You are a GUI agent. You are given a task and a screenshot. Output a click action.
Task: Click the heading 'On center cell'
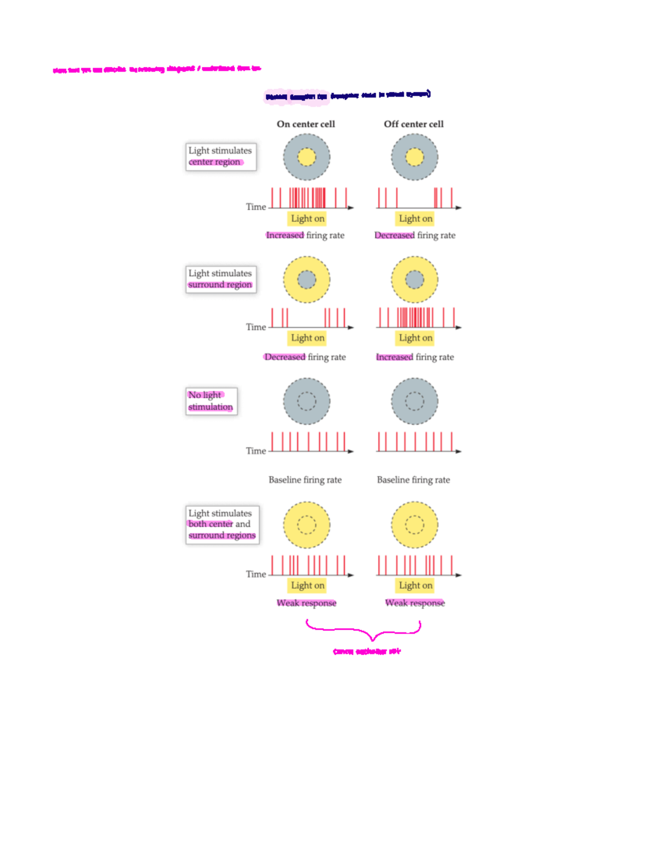[x=306, y=124]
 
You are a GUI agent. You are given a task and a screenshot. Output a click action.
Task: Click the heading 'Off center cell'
[x=413, y=124]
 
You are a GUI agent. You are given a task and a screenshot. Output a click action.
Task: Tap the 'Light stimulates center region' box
[x=220, y=156]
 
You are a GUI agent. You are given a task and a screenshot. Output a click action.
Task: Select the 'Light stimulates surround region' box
[x=220, y=279]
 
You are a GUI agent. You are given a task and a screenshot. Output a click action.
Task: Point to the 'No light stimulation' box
[x=211, y=401]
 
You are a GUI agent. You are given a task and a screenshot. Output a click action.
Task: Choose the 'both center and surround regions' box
[x=222, y=524]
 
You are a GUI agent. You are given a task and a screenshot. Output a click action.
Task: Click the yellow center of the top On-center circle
[x=307, y=157]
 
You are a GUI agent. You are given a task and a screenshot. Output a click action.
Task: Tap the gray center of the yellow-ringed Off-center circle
[x=414, y=280]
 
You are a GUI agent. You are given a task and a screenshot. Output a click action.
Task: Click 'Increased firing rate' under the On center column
[x=305, y=236]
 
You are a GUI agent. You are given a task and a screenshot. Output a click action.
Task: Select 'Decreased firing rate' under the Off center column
[x=415, y=236]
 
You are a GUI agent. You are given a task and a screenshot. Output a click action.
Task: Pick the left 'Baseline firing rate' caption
[x=305, y=480]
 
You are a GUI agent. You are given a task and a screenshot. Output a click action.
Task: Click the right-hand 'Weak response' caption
[x=415, y=603]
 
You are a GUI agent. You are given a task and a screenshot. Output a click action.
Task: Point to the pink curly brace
[x=365, y=630]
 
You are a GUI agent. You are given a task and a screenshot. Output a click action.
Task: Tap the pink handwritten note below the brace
[x=367, y=652]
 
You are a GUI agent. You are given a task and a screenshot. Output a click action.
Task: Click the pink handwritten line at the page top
[x=157, y=70]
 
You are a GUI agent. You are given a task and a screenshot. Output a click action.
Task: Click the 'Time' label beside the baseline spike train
[x=256, y=451]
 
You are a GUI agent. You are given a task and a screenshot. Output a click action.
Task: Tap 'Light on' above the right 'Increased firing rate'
[x=415, y=338]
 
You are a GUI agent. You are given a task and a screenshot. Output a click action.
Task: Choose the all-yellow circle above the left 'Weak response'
[x=307, y=525]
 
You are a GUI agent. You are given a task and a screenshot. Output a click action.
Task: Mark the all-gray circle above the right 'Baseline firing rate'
[x=414, y=401]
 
